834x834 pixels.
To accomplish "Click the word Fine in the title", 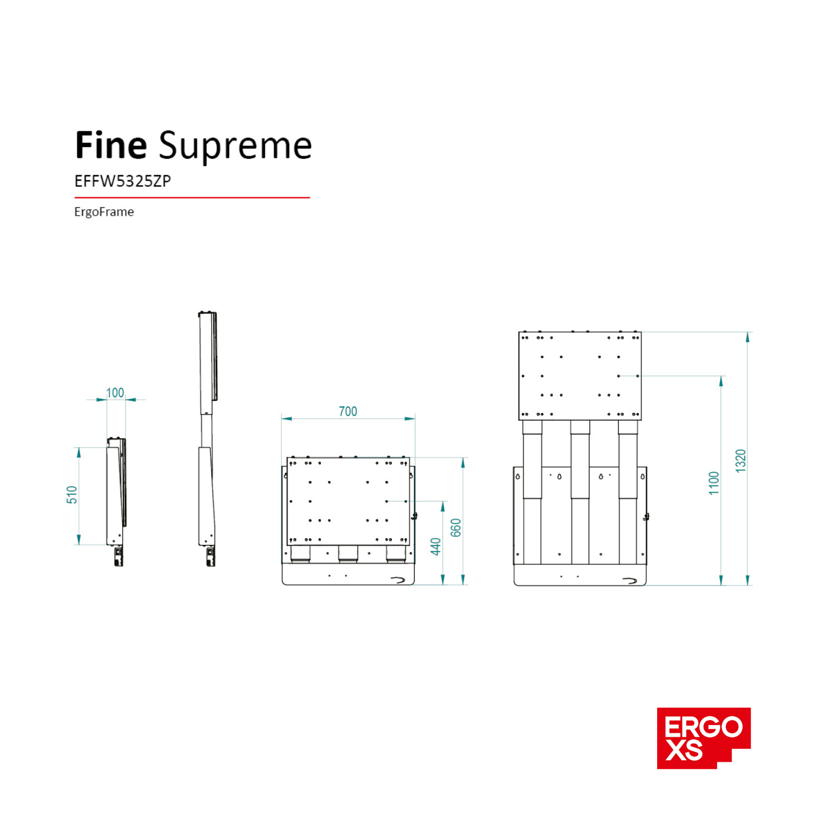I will (x=111, y=146).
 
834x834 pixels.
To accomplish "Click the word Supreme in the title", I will (x=235, y=147).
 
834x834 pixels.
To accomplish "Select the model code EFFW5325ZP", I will (x=122, y=181).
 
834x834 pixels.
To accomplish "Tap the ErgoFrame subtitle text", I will (x=104, y=212).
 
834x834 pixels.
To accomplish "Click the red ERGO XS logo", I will (x=703, y=738).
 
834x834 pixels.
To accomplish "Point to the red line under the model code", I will (x=192, y=197).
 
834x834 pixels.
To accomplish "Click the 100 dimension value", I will (x=115, y=393).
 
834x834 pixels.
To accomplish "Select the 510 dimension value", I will (x=72, y=495).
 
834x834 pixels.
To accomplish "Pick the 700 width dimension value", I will (x=348, y=411).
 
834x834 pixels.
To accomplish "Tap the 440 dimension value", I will (x=436, y=547).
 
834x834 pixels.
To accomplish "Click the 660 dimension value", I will (x=456, y=528).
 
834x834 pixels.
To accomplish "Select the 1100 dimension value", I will (x=714, y=483).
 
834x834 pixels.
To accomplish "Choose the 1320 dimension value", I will (x=741, y=461).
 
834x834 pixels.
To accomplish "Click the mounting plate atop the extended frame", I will (x=580, y=376).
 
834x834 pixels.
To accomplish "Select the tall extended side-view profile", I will (x=207, y=439).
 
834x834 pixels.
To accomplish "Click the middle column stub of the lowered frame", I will (x=348, y=554).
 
